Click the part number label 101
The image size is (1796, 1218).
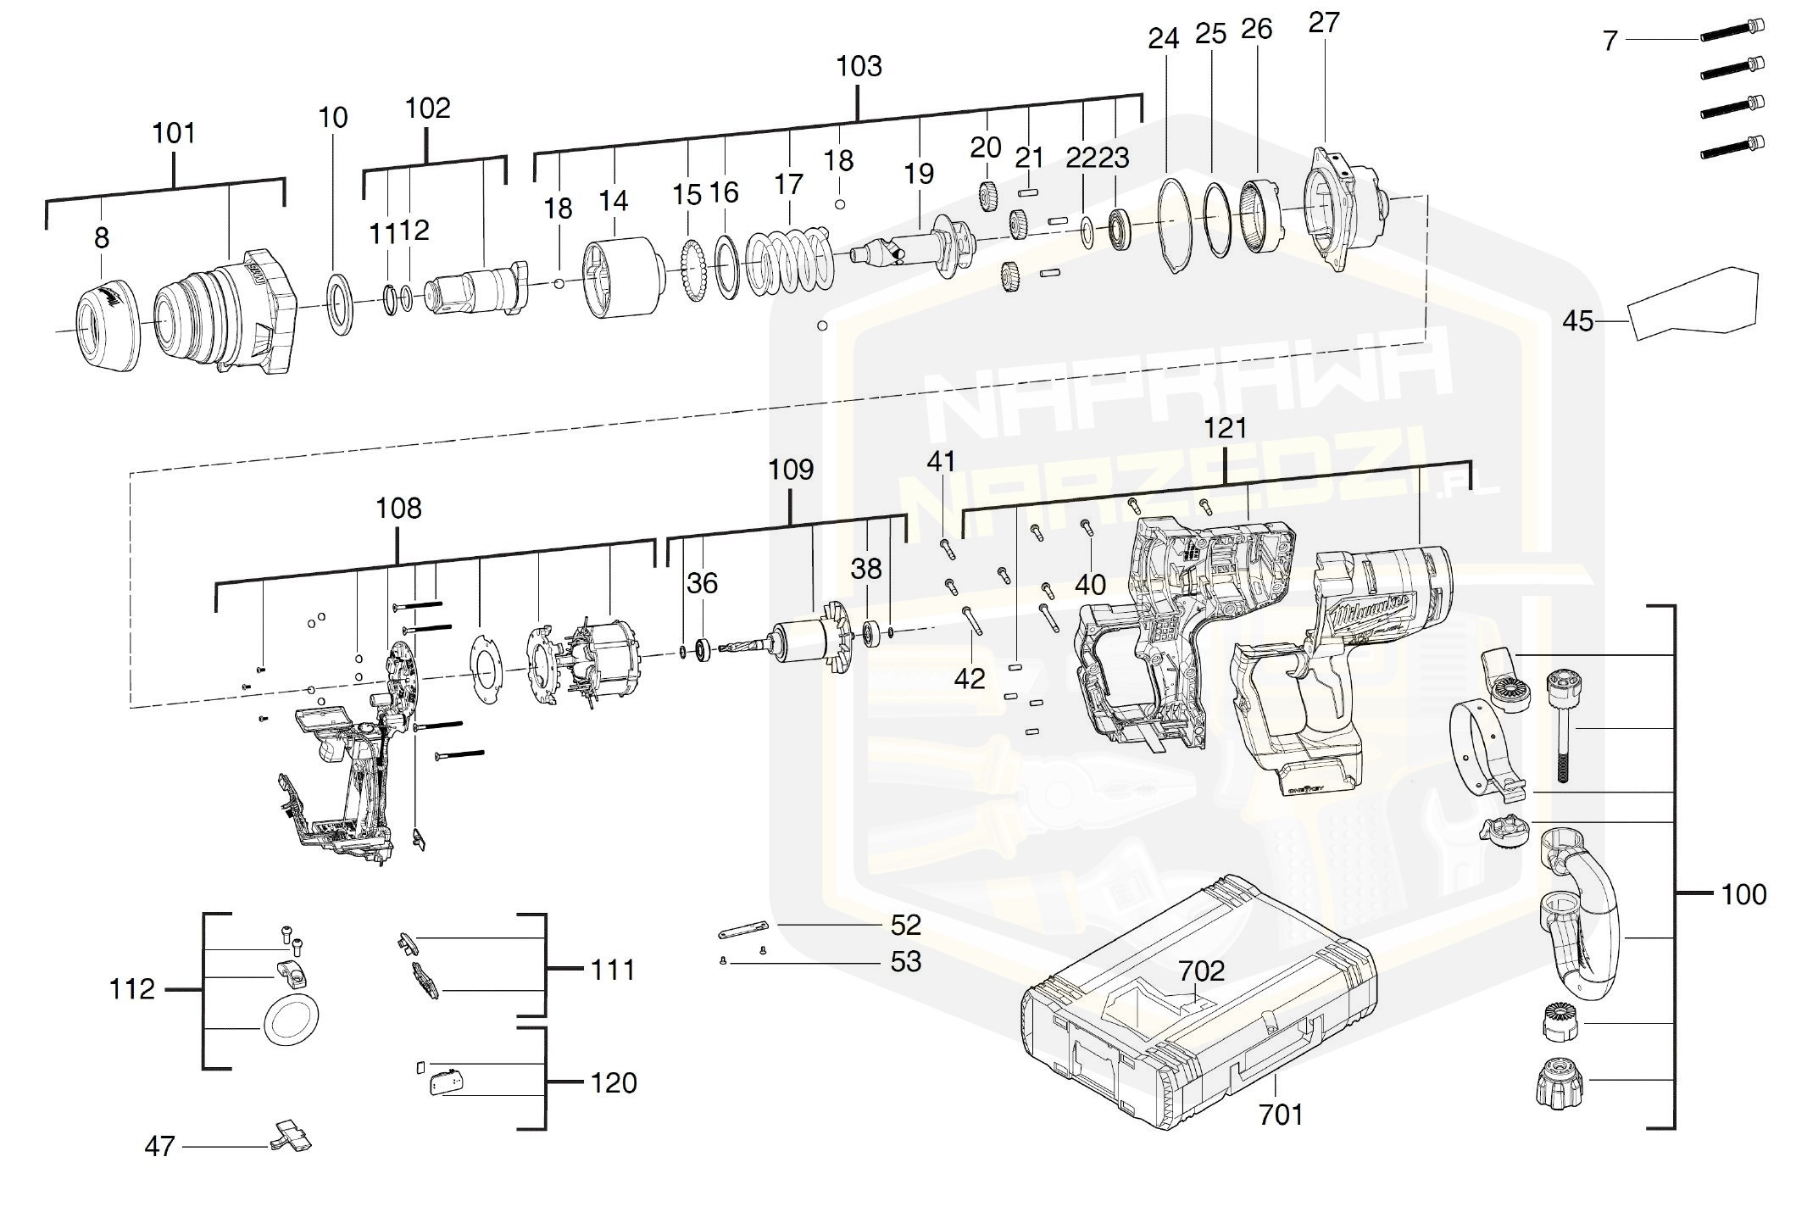click(x=174, y=133)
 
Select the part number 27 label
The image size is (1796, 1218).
click(x=1323, y=23)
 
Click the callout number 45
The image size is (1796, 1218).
click(x=1577, y=322)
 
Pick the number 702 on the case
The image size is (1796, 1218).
click(x=1201, y=971)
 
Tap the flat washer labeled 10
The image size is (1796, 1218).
click(x=341, y=303)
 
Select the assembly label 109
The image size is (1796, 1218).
click(x=791, y=470)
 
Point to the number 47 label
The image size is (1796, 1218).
click(x=159, y=1147)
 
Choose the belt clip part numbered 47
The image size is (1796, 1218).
click(x=291, y=1137)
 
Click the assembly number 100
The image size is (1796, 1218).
click(x=1743, y=894)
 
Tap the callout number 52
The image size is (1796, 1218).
click(x=905, y=925)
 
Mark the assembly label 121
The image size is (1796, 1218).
click(x=1226, y=429)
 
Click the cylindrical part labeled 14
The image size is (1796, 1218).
click(x=624, y=278)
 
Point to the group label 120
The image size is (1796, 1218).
click(x=613, y=1083)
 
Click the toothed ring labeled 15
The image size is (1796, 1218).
click(x=695, y=272)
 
